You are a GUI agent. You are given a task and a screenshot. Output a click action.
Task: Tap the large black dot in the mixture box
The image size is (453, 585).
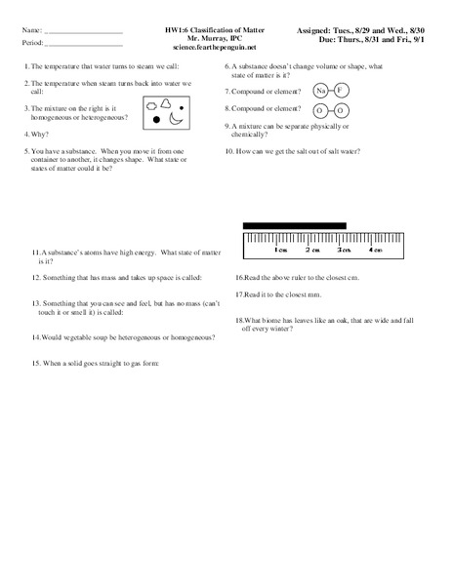click(157, 119)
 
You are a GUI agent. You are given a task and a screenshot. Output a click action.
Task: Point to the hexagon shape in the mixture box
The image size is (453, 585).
click(151, 100)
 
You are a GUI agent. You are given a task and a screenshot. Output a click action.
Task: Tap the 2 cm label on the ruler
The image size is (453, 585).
click(311, 250)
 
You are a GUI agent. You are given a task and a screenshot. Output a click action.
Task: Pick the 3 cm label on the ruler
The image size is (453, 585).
click(344, 250)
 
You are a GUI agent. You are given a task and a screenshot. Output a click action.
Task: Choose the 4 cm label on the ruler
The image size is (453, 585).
click(376, 250)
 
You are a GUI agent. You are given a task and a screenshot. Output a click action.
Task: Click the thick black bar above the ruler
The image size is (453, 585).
click(293, 226)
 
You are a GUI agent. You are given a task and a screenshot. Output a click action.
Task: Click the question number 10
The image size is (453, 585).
click(229, 152)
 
